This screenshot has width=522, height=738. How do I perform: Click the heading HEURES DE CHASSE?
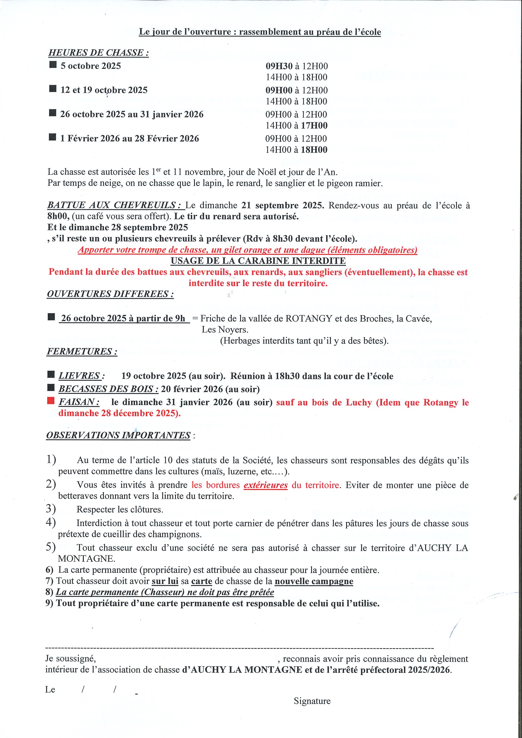tap(99, 53)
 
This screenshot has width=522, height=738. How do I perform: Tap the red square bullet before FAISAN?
tap(51, 401)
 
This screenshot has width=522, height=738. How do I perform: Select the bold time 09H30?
tap(279, 66)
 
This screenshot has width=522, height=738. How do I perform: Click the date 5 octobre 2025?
tap(91, 66)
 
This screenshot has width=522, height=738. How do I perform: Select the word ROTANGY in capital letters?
tap(309, 319)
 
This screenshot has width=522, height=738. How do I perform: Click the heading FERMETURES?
tap(82, 351)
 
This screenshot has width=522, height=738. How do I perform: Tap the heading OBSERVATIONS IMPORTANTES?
tap(118, 435)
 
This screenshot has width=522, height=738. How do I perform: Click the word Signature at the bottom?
tap(312, 701)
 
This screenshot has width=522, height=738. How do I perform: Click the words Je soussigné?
tap(71, 659)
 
